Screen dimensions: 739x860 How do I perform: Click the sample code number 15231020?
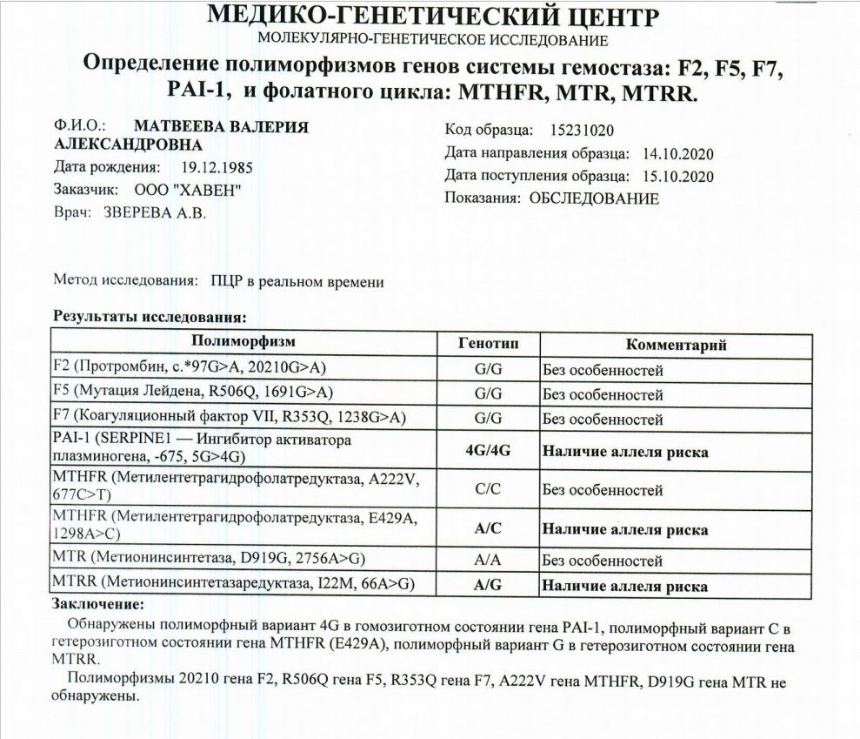point(583,131)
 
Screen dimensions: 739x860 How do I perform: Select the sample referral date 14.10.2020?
point(677,154)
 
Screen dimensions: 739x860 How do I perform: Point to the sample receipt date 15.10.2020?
point(677,177)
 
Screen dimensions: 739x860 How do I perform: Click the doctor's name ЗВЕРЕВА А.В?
point(156,212)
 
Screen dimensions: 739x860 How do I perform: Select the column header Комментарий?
point(676,344)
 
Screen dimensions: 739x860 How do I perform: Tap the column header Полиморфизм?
point(243,341)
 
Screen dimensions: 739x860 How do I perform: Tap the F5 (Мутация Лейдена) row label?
point(193,393)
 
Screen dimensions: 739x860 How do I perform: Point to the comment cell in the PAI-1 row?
point(625,453)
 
